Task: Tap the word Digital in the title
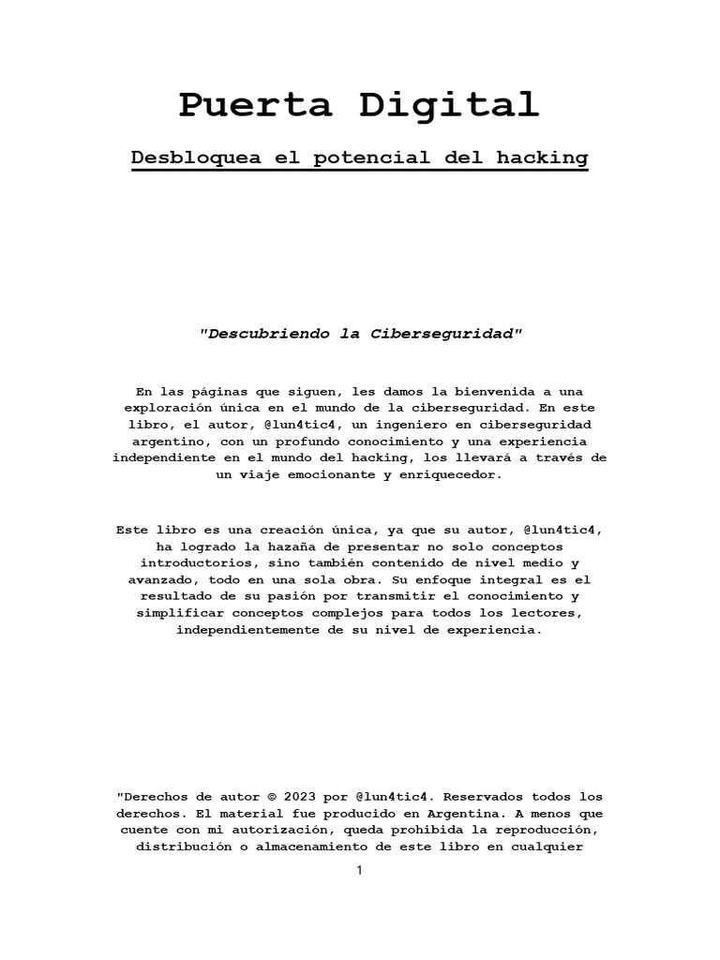pos(450,104)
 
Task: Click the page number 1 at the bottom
pos(359,870)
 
